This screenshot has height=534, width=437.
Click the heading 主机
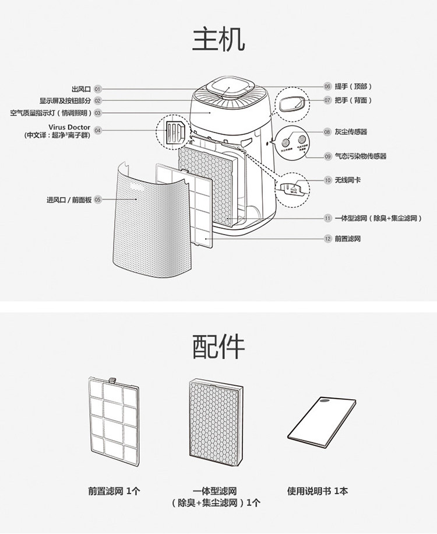(x=218, y=39)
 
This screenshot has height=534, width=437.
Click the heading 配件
(x=218, y=347)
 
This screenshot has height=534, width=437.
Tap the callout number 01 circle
(x=98, y=89)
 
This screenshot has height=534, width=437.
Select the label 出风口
(x=81, y=89)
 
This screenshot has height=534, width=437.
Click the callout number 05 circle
(x=98, y=200)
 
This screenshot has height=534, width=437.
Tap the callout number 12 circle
(x=327, y=238)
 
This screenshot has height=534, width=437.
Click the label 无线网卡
(x=347, y=180)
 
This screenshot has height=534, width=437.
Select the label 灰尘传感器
(x=351, y=132)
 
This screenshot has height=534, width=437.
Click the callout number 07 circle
(x=327, y=100)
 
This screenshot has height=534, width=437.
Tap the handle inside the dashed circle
(x=290, y=104)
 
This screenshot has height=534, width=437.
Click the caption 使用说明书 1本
(x=318, y=491)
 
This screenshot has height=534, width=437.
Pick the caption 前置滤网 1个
(x=114, y=491)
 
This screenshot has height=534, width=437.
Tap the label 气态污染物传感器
(x=360, y=156)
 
